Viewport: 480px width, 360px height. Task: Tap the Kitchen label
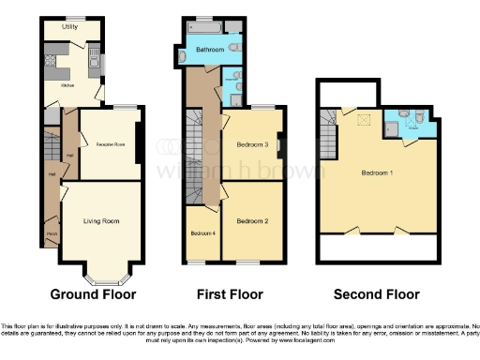(x=67, y=84)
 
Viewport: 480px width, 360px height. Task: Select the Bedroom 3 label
(x=252, y=145)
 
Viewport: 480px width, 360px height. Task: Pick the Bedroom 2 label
(x=252, y=221)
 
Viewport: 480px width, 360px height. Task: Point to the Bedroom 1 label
(x=378, y=173)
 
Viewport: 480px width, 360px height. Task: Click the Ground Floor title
(x=93, y=294)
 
